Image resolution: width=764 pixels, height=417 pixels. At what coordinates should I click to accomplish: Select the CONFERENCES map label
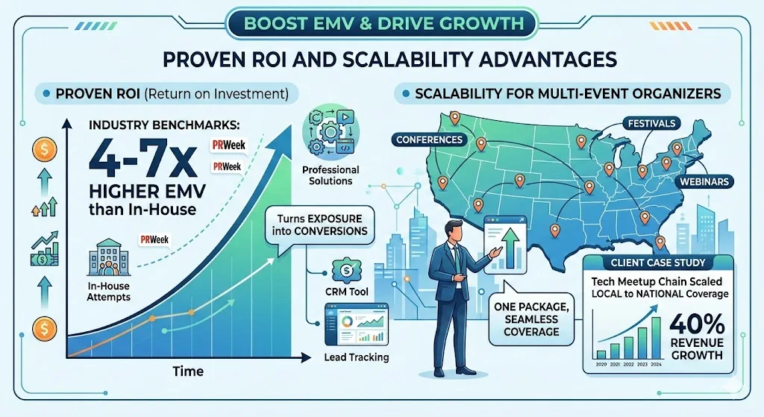point(430,139)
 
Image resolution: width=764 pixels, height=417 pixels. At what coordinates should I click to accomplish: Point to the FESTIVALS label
point(652,123)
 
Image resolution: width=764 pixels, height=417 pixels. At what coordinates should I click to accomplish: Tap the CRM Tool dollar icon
point(345,269)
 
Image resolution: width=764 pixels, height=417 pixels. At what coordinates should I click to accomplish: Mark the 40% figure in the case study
point(696,324)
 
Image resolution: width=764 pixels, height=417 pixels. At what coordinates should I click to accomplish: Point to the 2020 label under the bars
point(601,363)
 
